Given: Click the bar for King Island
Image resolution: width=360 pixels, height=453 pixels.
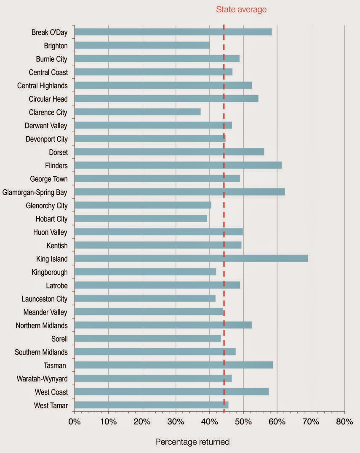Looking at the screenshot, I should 191,258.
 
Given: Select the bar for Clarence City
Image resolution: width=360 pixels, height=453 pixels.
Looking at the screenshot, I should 137,112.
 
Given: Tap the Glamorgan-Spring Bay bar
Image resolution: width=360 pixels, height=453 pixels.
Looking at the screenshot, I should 179,192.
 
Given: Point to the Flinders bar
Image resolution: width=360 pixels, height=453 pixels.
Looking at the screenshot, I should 178,165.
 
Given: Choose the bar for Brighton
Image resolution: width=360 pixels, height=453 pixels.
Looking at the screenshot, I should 142,45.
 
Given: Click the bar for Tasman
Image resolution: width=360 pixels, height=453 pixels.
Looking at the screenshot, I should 173,365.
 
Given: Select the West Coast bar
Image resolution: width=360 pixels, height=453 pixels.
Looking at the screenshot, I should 171,392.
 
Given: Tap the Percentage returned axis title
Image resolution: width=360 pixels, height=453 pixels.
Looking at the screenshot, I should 192,442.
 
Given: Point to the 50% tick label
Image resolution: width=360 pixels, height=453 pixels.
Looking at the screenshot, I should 243,422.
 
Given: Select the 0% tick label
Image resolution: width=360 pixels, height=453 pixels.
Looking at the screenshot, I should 75,422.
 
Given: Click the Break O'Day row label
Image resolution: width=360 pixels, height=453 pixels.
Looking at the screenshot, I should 49,32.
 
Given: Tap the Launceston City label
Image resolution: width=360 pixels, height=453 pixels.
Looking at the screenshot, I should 45,299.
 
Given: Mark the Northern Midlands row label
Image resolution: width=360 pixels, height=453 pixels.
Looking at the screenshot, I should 41,325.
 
